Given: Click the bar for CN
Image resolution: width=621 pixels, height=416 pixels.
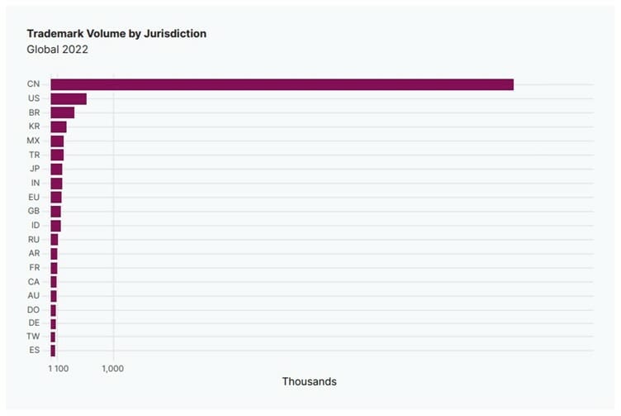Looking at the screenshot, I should pos(282,84).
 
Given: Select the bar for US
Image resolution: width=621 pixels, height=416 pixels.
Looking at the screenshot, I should pos(69,98).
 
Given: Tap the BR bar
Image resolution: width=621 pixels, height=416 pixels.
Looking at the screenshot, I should pos(62,112).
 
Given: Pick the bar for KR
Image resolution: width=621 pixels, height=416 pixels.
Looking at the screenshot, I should pos(58,127).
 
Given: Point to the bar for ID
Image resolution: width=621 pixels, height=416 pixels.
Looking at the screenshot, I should pos(55,225).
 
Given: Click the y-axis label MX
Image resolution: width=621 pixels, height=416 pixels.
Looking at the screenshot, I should pos(33,141).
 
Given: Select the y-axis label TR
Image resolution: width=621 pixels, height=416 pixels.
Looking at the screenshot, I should pos(33,155).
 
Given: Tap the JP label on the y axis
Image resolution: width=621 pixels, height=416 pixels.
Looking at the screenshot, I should pos(33,169).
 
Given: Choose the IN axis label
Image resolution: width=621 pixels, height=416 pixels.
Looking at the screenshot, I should pos(34,183).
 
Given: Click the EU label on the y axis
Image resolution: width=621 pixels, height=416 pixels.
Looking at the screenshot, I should pos(33,197).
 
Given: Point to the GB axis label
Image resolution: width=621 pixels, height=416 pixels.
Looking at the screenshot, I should pos(33,211).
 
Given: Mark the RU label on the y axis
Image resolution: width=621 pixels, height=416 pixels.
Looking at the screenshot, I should pos(33,239).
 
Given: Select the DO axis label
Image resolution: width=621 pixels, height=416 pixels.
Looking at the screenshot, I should pos(33,309).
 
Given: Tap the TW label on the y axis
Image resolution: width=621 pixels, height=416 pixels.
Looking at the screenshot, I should pos(33,337).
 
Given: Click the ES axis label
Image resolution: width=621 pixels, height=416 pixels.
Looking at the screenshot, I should pos(33,351).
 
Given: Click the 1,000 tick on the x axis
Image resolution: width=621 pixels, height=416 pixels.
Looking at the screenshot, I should pos(112,368).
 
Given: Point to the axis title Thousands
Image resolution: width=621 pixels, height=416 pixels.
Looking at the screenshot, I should pos(309,381).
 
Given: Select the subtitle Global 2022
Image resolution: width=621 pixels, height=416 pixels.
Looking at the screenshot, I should pos(57,49).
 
